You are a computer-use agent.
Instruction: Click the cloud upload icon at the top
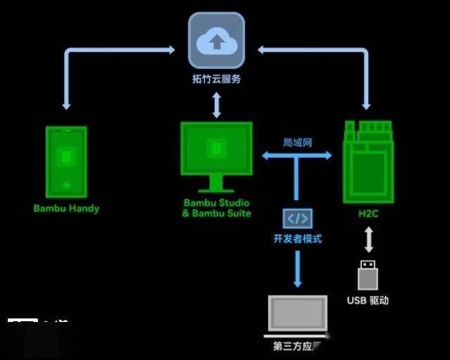point(216,41)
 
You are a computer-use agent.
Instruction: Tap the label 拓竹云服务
point(216,79)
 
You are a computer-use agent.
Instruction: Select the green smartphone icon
point(66,161)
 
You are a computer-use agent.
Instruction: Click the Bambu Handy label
point(66,209)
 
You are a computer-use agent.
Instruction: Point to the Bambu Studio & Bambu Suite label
point(216,208)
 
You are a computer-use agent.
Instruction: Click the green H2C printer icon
point(368,161)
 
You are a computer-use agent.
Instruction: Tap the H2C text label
point(368,213)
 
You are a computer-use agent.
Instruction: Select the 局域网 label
point(297,142)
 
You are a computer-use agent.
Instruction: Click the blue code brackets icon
point(297,218)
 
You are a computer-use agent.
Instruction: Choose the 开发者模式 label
point(297,239)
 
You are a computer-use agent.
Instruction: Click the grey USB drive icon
point(368,275)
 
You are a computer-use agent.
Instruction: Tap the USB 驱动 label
point(368,301)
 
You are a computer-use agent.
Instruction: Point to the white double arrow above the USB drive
point(368,240)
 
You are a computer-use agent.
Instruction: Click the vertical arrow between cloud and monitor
point(216,104)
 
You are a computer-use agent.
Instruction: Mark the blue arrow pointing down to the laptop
point(297,268)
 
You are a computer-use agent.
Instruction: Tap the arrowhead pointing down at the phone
point(66,105)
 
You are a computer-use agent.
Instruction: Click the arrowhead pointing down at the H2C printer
point(366,105)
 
